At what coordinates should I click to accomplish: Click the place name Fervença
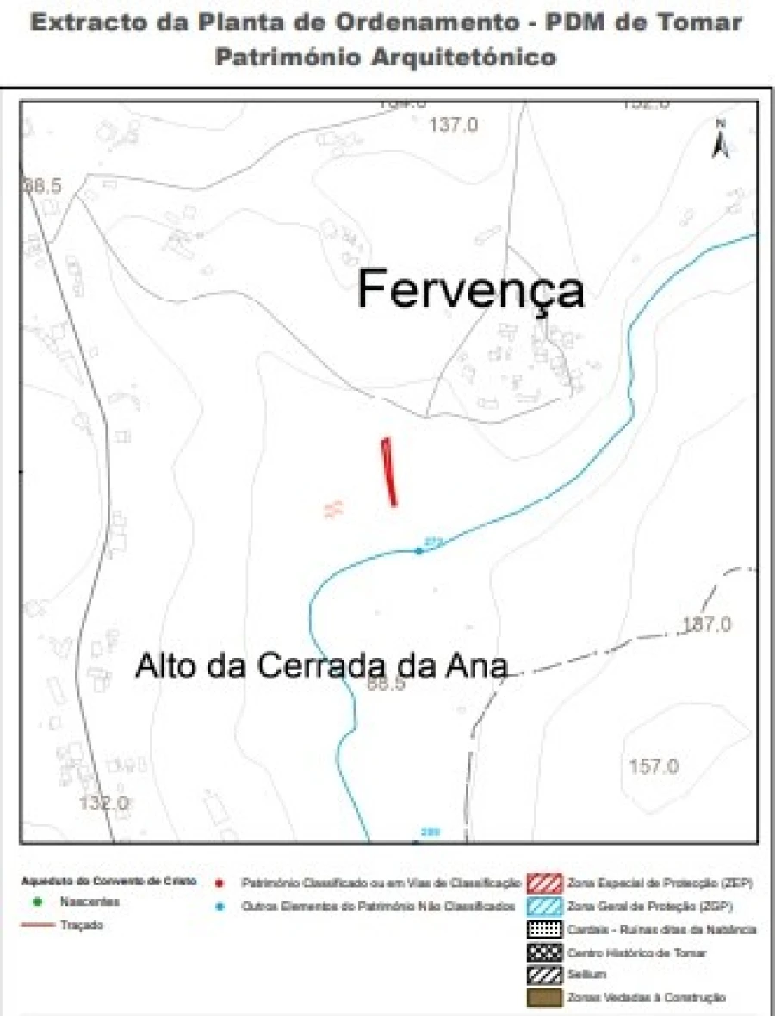pos(470,289)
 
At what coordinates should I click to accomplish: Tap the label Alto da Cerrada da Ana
pos(320,667)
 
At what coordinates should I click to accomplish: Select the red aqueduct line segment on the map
pos(389,471)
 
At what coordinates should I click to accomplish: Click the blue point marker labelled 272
pos(419,551)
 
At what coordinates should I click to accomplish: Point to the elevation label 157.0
pos(654,766)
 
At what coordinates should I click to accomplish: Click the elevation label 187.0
pos(706,624)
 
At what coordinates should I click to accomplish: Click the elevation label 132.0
pos(104,803)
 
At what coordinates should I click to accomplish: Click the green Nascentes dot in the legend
pos(40,902)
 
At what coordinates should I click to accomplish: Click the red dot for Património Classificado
pos(221,883)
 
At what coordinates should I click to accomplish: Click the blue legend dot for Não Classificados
pos(221,906)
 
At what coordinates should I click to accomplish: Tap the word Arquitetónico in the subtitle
pos(465,58)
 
